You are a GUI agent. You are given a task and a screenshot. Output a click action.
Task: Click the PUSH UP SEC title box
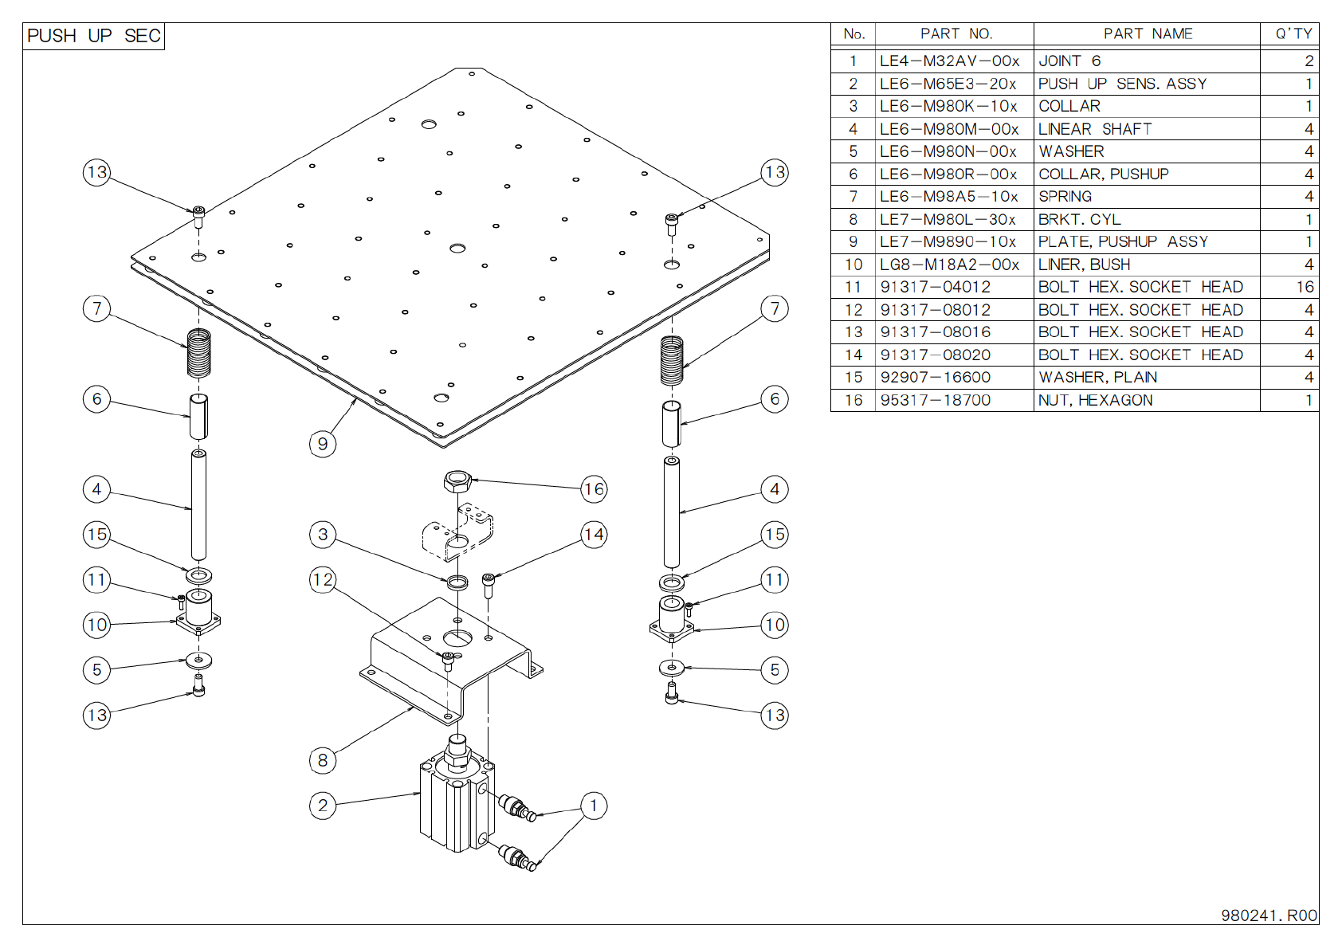pos(93,36)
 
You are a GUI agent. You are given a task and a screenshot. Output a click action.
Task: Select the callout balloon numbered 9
pos(322,444)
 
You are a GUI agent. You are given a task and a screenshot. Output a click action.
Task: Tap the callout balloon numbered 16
pos(594,488)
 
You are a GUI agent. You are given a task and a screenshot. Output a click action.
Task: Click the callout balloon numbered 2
pos(322,806)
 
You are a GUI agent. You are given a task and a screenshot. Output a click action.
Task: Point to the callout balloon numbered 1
pos(593,806)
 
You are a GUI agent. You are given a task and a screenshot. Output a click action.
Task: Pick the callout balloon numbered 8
pos(322,760)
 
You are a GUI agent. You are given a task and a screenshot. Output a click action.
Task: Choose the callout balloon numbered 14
pos(594,534)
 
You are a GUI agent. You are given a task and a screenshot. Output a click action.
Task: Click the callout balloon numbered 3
pos(322,534)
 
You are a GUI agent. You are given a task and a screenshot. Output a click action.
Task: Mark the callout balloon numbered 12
pos(322,579)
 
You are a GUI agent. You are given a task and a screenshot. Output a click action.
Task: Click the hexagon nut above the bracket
pos(457,481)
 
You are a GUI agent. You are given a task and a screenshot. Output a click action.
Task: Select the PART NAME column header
pos(1147,33)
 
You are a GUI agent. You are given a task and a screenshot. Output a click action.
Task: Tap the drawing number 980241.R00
pos(1269,916)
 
